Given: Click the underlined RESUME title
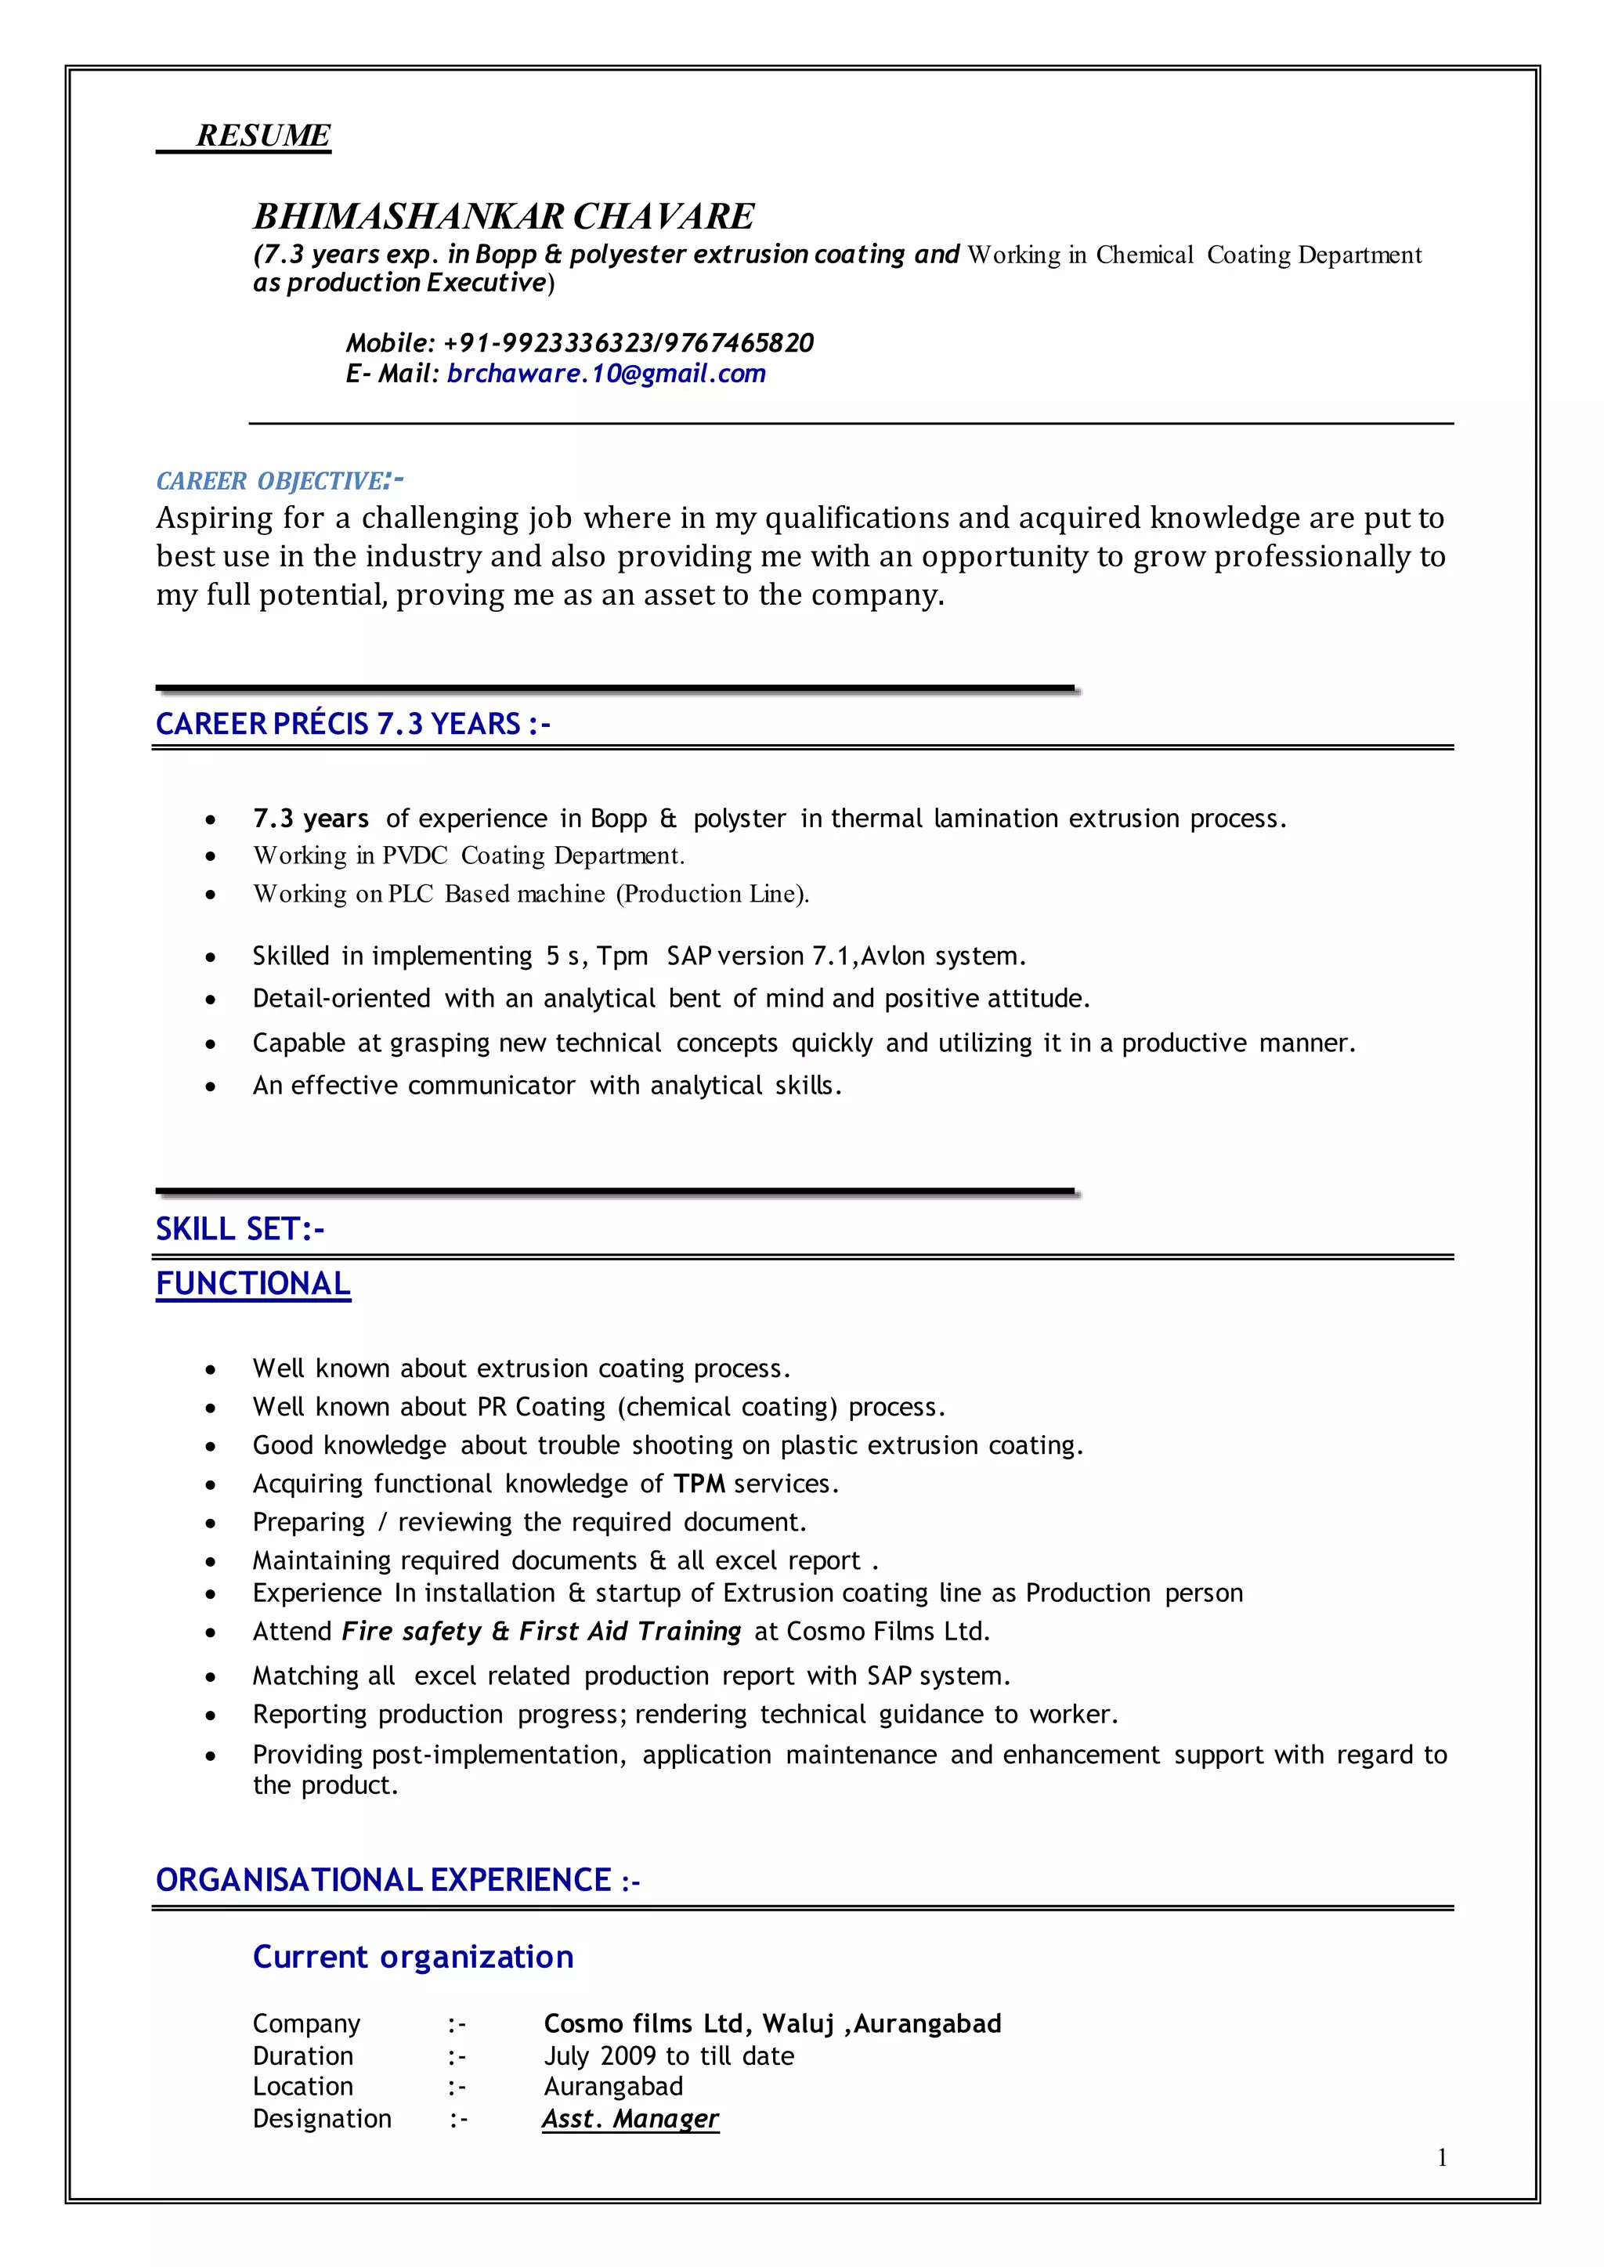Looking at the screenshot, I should [x=262, y=136].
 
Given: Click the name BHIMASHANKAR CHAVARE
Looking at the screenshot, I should [x=504, y=216].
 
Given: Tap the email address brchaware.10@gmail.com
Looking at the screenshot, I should [x=605, y=374].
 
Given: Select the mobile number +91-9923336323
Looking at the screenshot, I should [x=546, y=343].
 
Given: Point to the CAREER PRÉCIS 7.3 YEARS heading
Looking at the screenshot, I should [x=352, y=724].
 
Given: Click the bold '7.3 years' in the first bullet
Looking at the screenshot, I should [x=310, y=818].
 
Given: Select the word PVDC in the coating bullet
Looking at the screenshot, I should [x=415, y=855].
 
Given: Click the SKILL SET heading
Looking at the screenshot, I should [x=240, y=1229].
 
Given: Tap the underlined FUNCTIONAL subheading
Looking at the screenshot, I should [x=253, y=1283].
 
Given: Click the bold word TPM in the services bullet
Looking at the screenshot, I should [x=699, y=1484].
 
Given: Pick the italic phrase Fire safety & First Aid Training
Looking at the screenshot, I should [x=541, y=1631].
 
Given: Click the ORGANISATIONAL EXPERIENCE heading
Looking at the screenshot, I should [x=397, y=1880].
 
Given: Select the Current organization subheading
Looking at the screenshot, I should [x=413, y=1957].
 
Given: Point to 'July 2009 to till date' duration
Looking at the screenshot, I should [x=669, y=2055].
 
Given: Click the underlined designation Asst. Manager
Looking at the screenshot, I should [x=630, y=2118].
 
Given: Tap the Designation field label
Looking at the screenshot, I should [x=322, y=2118].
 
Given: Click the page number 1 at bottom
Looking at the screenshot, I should [x=1442, y=2158].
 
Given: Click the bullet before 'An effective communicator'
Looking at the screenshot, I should [x=211, y=1086].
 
